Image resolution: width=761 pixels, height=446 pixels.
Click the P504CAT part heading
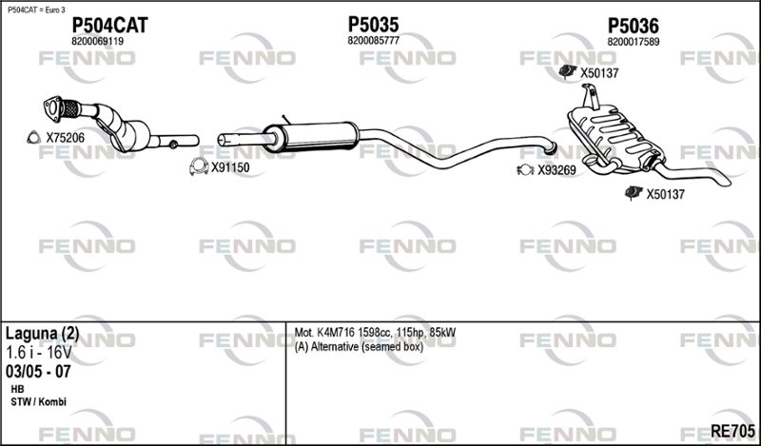pyautogui.click(x=110, y=25)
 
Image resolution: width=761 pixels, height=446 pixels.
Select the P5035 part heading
pyautogui.click(x=373, y=24)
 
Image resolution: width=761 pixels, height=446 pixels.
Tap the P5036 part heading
pyautogui.click(x=634, y=25)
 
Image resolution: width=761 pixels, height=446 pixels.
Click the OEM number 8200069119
pyautogui.click(x=97, y=42)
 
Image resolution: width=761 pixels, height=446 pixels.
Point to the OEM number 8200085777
pyautogui.click(x=373, y=41)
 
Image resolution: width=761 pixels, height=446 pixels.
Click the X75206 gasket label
pyautogui.click(x=66, y=138)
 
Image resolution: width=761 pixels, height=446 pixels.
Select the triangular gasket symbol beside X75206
pyautogui.click(x=32, y=138)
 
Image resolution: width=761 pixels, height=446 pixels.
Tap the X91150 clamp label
pyautogui.click(x=230, y=167)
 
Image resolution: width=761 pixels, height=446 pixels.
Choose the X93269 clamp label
pyautogui.click(x=556, y=171)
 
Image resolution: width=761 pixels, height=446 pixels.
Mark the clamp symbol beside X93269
pyautogui.click(x=524, y=171)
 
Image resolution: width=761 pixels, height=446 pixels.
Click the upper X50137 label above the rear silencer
pyautogui.click(x=599, y=72)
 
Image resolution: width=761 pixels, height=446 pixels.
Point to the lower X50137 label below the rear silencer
pyautogui.click(x=666, y=195)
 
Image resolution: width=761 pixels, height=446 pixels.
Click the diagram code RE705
pyautogui.click(x=736, y=432)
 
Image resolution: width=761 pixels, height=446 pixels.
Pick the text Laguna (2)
pyautogui.click(x=43, y=334)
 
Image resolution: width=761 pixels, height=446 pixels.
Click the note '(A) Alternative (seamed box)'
pyautogui.click(x=359, y=346)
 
